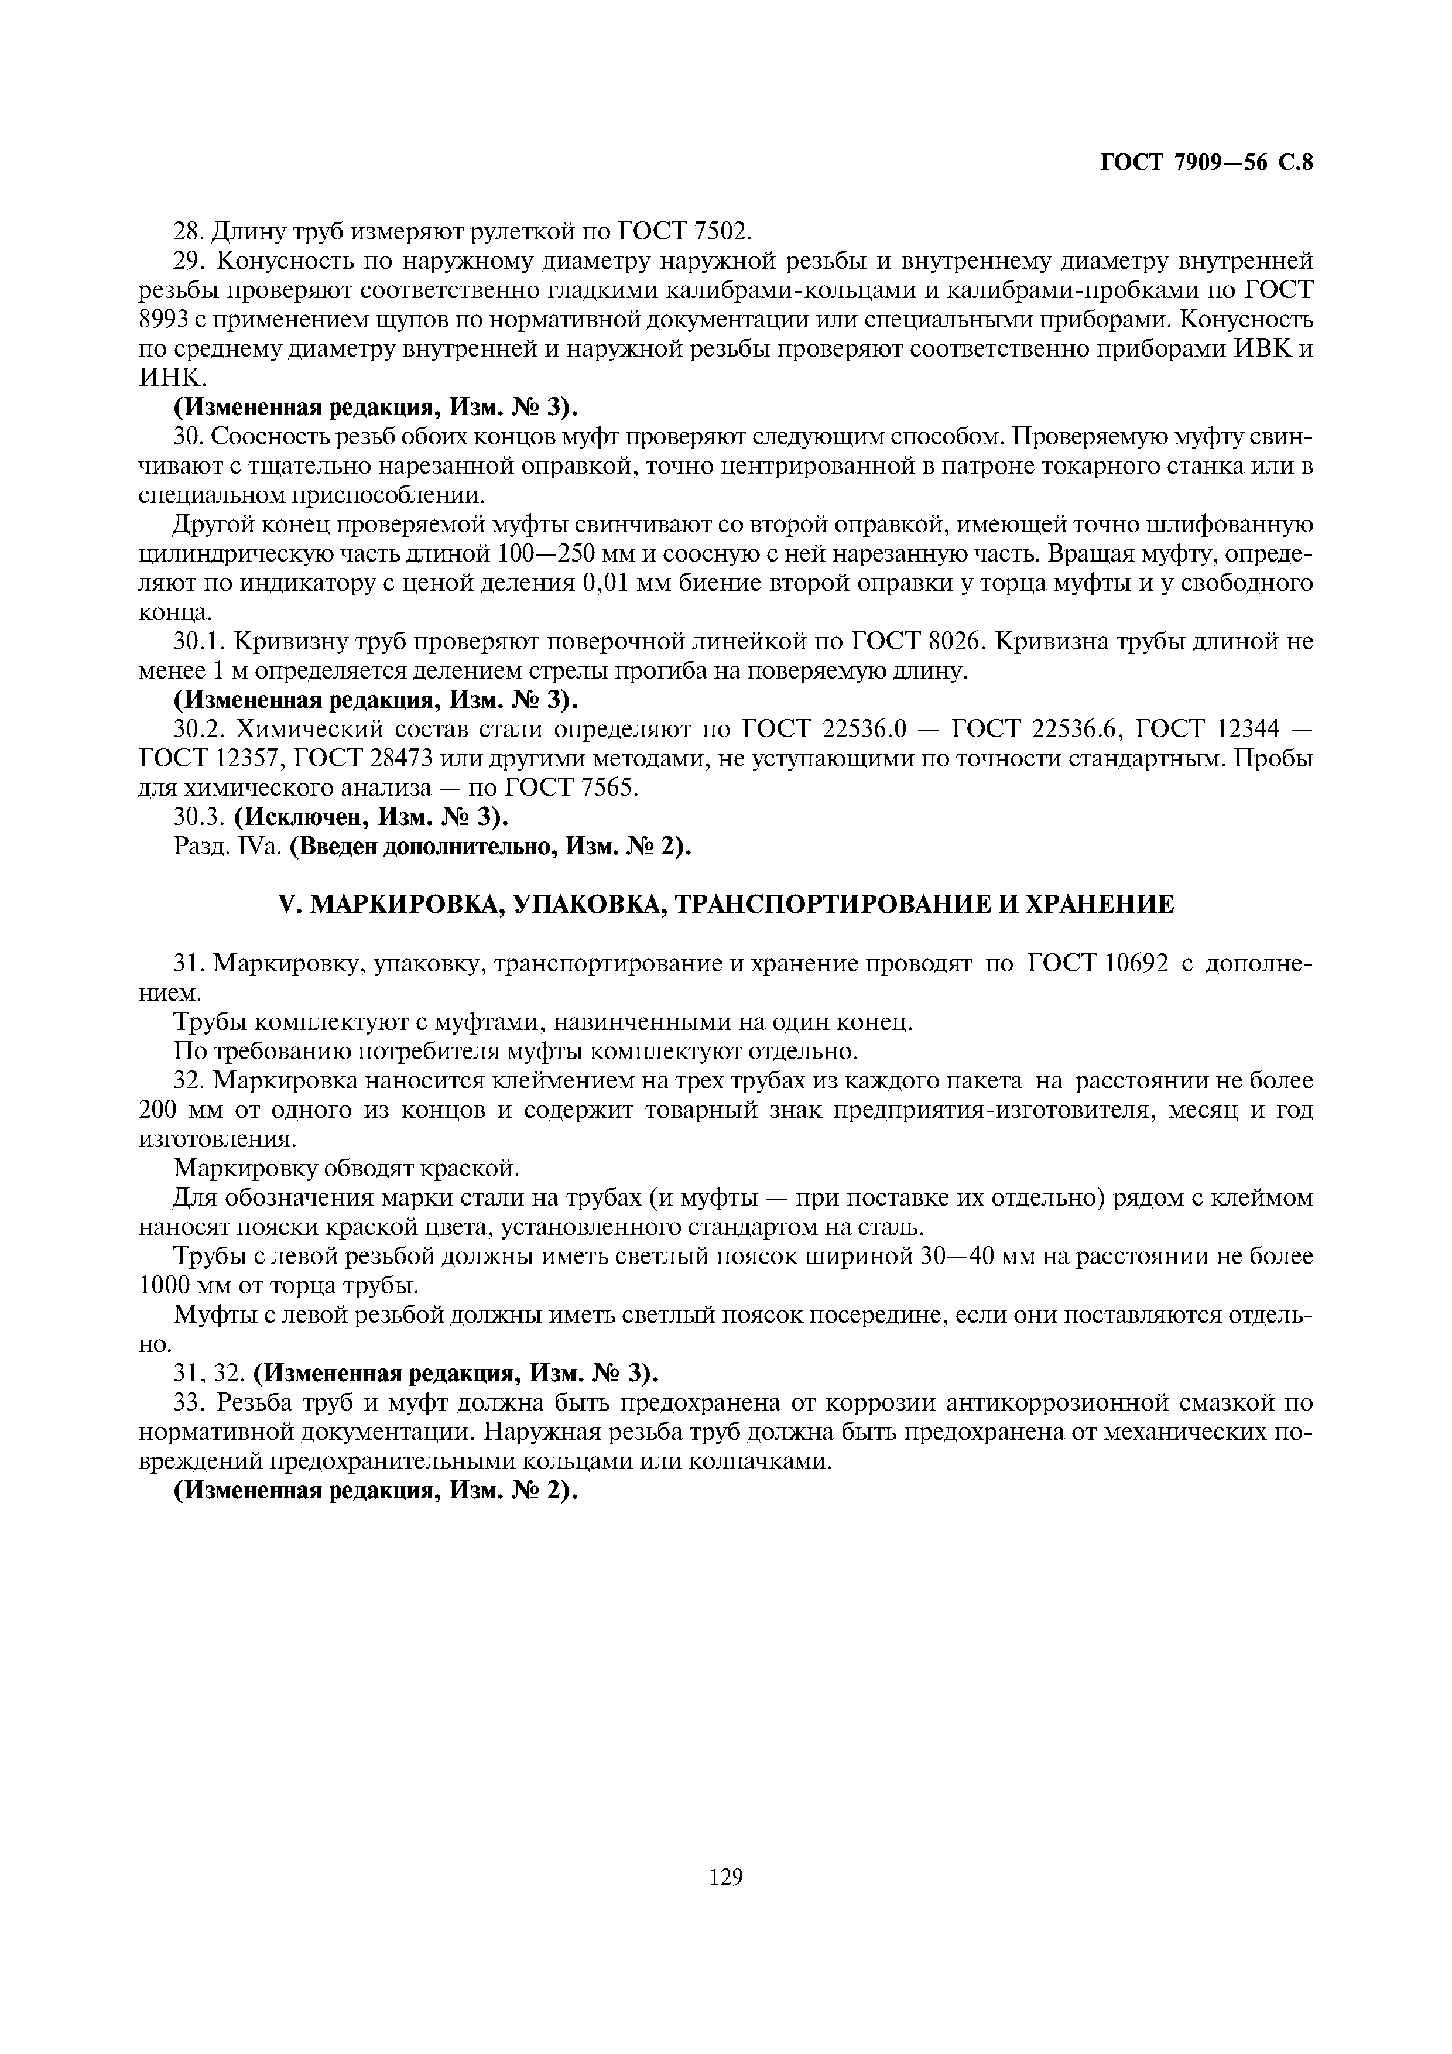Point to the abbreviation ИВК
click(x=1263, y=349)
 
